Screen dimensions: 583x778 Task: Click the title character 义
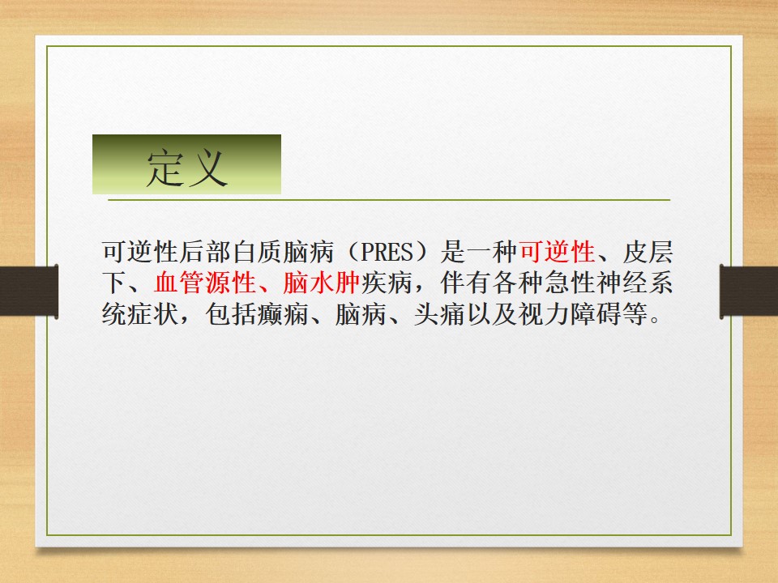208,168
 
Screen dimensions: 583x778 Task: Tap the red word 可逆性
557,253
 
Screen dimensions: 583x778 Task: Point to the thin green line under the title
389,199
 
